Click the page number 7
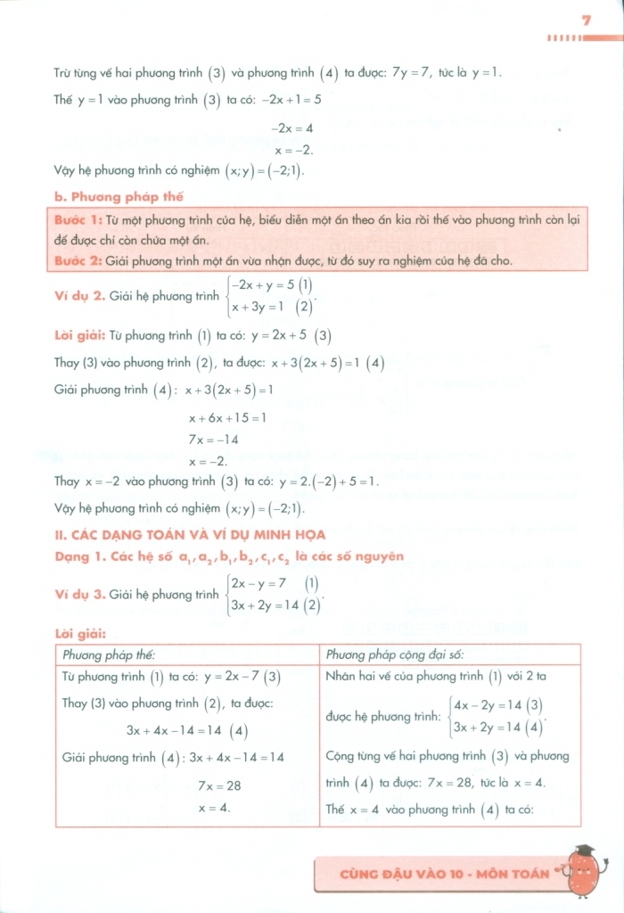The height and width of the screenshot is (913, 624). [586, 20]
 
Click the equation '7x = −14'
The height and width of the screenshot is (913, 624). [213, 440]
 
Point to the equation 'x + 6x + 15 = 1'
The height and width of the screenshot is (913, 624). [227, 417]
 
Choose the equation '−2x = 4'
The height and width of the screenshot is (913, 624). [291, 128]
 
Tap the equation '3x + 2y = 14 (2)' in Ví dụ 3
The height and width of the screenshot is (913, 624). [275, 605]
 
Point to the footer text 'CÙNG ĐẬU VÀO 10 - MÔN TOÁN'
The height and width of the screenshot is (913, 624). [445, 874]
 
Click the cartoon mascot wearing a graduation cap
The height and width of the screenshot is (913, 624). [583, 869]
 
